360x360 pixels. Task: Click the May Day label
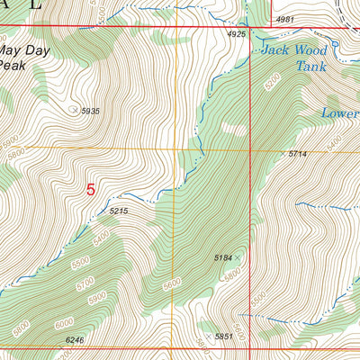[24, 51]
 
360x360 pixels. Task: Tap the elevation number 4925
[237, 34]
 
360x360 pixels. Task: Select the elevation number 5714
[298, 155]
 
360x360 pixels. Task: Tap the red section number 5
[90, 190]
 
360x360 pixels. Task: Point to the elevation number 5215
[120, 211]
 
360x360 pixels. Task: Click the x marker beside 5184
[239, 257]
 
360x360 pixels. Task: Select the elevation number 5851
[224, 337]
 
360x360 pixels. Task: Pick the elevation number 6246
[76, 340]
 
